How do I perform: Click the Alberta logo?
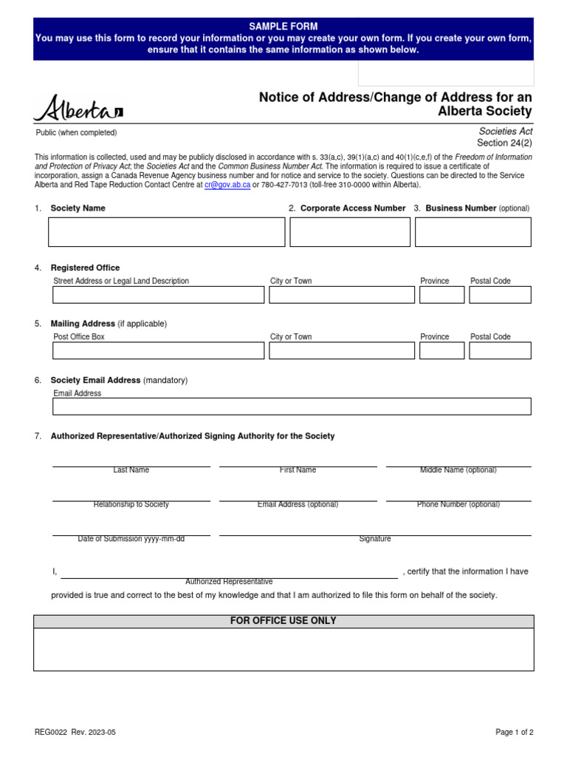coord(78,109)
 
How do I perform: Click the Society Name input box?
coord(166,232)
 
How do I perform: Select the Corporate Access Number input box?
coord(350,232)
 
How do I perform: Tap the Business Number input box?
coord(472,232)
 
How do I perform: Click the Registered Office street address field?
coord(158,295)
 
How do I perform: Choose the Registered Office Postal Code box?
coord(500,295)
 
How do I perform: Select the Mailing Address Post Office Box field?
coord(158,350)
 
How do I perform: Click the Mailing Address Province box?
coord(441,350)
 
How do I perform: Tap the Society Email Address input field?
coord(292,407)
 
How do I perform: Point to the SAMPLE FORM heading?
coord(283,26)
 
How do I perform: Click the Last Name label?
coord(131,470)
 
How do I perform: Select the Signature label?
coord(375,539)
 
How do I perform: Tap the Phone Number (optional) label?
coord(458,505)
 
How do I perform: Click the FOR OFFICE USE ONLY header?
coord(283,621)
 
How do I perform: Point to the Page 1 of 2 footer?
coord(514,733)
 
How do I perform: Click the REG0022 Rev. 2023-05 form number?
coord(75,733)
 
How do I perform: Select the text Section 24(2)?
coord(504,143)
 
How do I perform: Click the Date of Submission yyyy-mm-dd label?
coord(131,539)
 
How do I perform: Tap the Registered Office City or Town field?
coord(341,295)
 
